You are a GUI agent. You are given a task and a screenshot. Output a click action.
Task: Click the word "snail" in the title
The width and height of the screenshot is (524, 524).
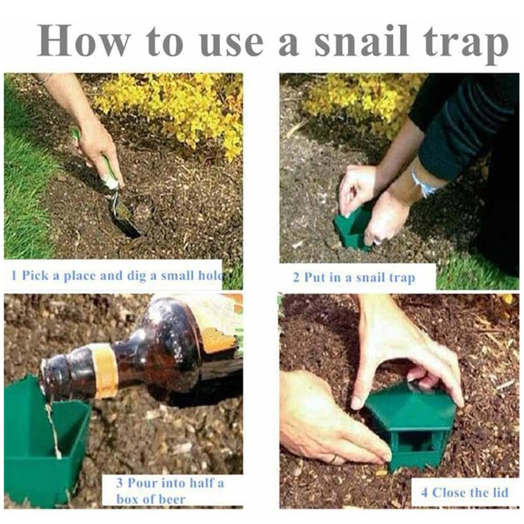(x=362, y=41)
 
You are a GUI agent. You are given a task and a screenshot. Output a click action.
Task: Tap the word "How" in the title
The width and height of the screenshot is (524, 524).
(x=84, y=41)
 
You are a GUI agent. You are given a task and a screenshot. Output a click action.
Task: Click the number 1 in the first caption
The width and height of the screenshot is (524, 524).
(x=14, y=275)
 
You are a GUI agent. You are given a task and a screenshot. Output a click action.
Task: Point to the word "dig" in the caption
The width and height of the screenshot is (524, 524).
(x=136, y=276)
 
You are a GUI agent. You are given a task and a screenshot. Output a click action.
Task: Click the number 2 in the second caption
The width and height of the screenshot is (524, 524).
(x=296, y=277)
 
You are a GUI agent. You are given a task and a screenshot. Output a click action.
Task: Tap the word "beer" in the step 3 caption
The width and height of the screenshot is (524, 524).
(x=172, y=500)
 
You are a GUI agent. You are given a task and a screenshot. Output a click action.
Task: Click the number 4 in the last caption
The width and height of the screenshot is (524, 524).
(x=424, y=493)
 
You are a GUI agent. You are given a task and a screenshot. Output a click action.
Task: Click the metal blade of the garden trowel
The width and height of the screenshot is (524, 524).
(x=127, y=217)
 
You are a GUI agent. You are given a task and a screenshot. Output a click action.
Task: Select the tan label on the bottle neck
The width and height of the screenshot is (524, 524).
(x=104, y=371)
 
